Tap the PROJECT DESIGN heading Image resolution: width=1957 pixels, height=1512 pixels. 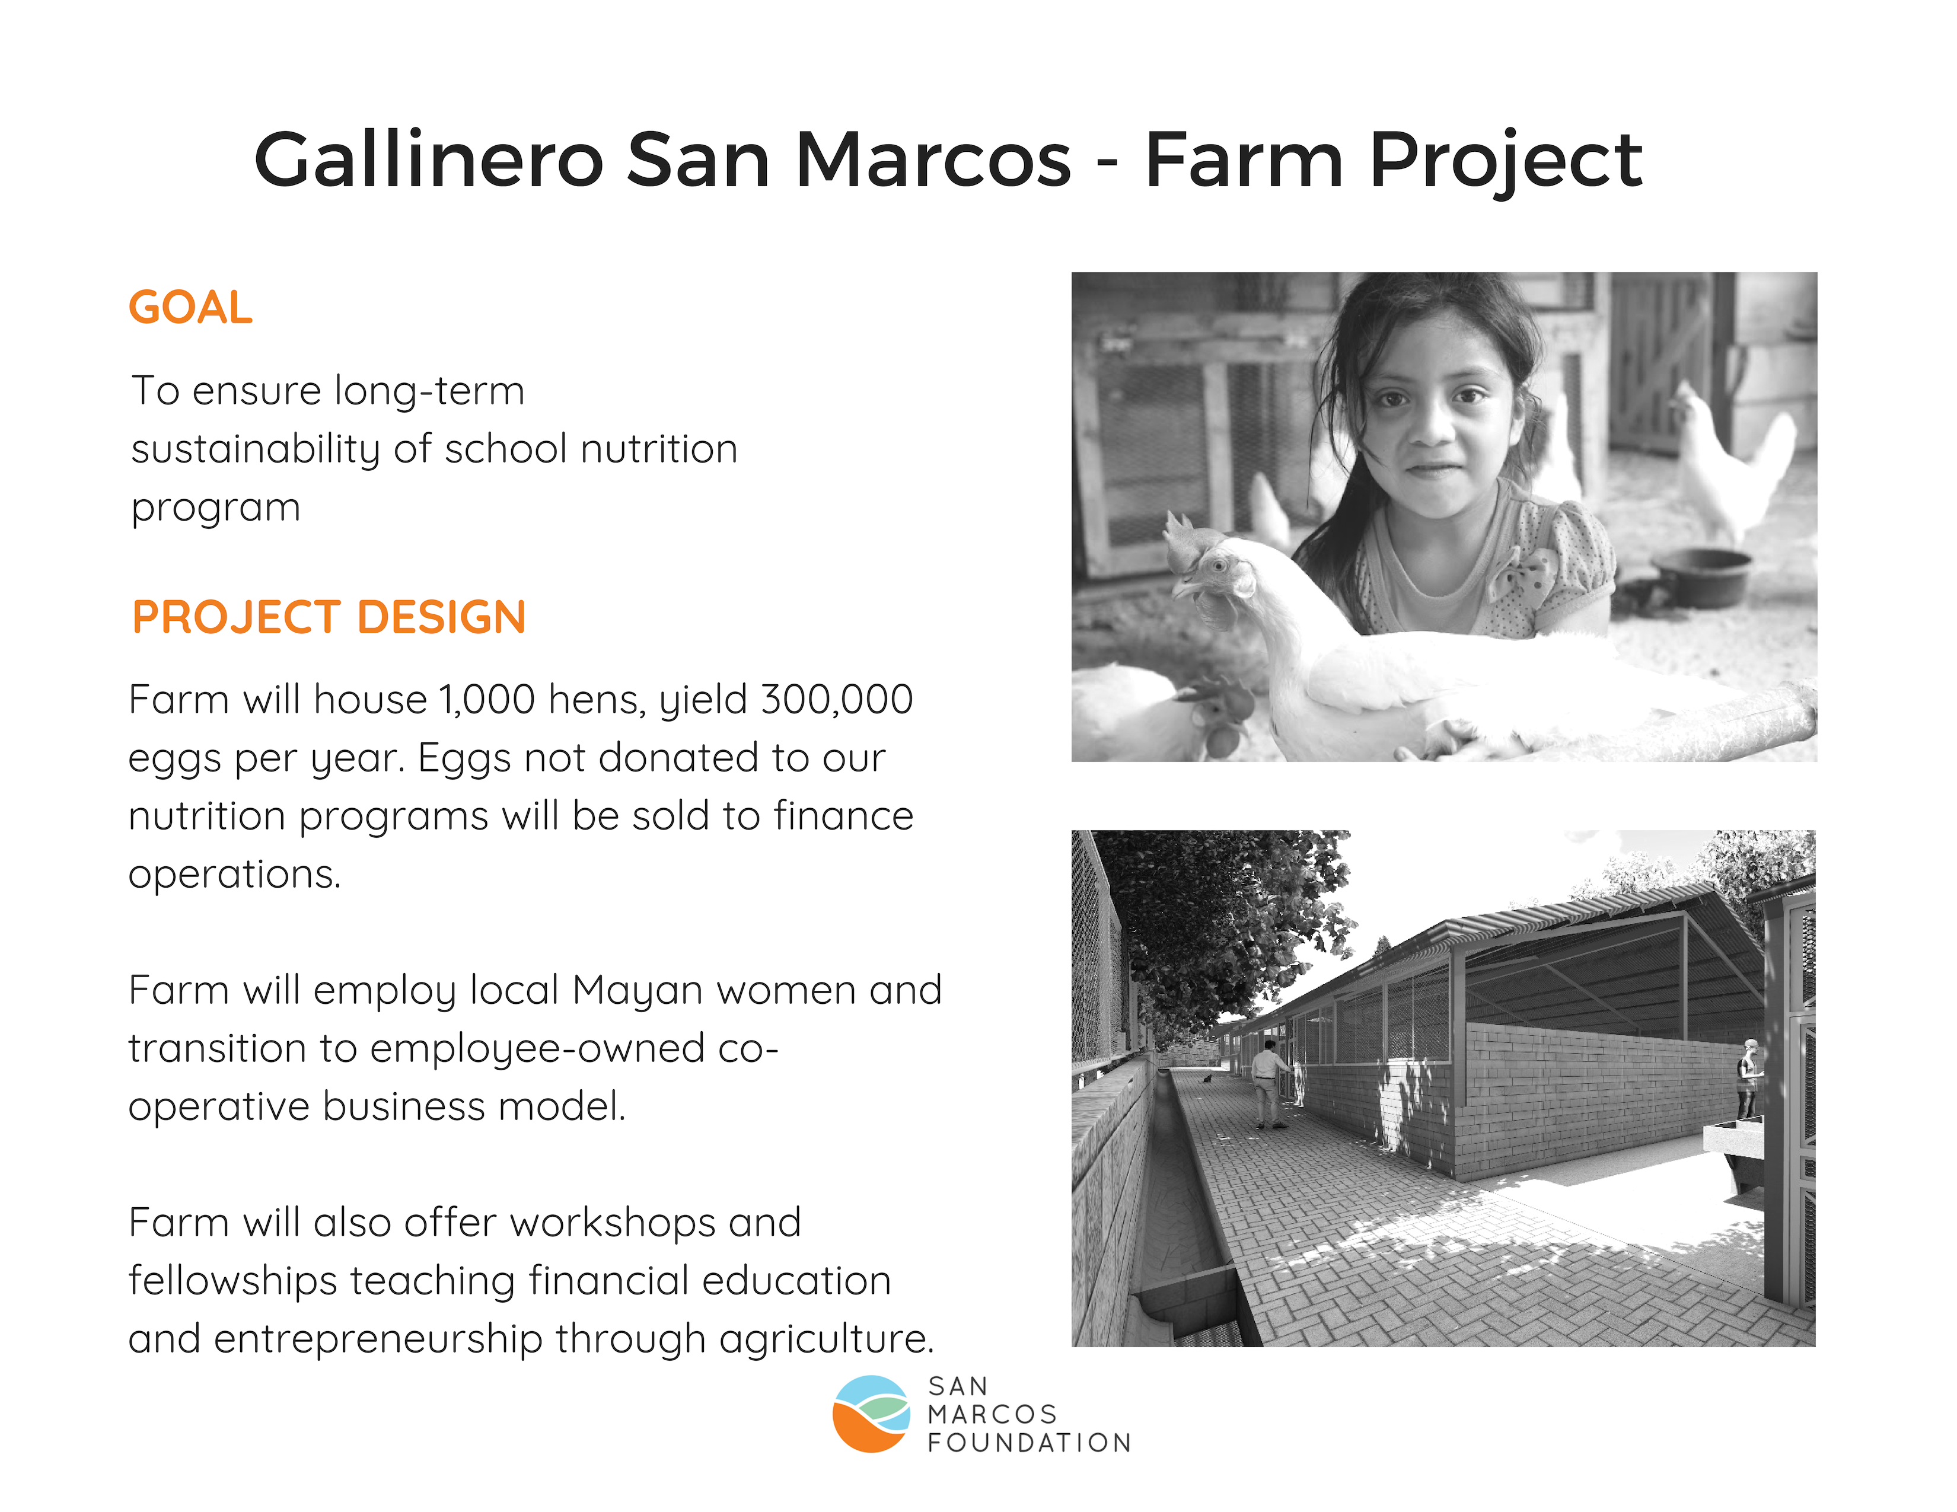(x=329, y=617)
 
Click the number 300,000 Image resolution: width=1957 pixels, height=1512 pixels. (x=837, y=700)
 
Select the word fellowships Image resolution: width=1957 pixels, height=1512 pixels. (x=232, y=1281)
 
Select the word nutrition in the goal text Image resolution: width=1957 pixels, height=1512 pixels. (x=659, y=449)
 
